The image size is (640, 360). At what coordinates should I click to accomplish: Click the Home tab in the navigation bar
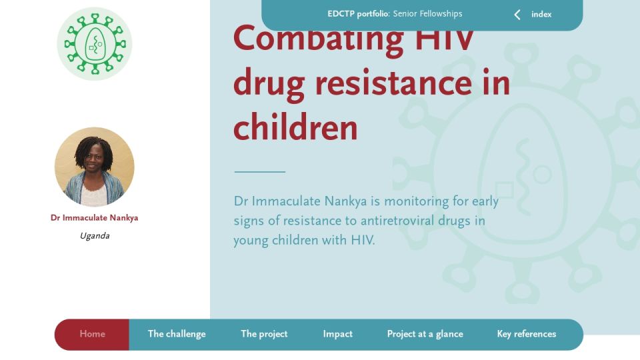click(92, 334)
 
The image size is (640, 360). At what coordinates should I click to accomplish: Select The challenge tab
click(177, 334)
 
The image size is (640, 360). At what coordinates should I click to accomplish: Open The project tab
click(264, 334)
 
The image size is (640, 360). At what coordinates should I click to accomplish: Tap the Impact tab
click(337, 334)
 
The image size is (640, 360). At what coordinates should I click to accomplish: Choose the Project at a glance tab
click(425, 334)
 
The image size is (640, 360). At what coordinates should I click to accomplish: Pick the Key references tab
click(527, 334)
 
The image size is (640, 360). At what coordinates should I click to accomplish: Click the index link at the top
click(541, 14)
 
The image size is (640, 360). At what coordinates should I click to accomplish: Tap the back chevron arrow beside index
click(517, 15)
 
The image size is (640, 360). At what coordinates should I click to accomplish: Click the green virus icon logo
click(95, 44)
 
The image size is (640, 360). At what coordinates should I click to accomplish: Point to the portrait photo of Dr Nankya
click(94, 167)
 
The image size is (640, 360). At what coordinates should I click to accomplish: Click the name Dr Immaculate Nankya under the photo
click(94, 218)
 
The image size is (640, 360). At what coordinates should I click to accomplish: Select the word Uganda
click(95, 236)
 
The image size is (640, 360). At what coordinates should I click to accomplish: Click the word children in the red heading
click(295, 127)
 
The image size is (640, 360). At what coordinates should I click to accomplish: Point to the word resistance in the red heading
click(393, 83)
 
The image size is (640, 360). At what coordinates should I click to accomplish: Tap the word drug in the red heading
click(269, 85)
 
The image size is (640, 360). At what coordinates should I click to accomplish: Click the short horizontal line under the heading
click(259, 172)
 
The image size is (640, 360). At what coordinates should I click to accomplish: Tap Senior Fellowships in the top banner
click(427, 14)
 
